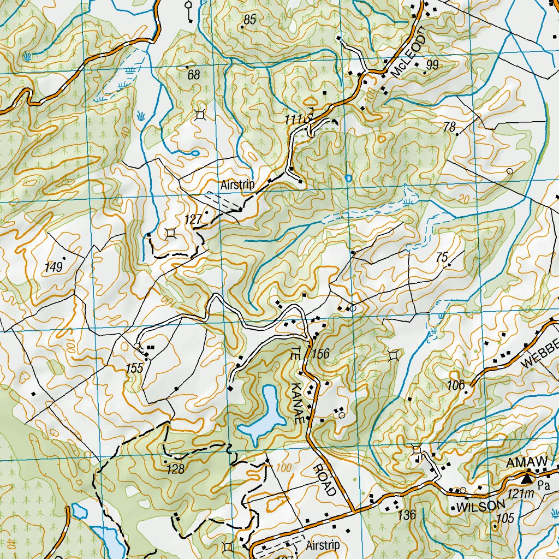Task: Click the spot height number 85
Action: click(x=249, y=20)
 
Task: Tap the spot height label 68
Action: click(x=193, y=75)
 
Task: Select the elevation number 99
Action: click(x=432, y=66)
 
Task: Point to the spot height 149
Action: click(x=54, y=267)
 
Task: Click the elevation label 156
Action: click(x=321, y=354)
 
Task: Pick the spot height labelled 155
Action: click(x=134, y=368)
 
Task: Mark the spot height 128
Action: click(x=176, y=468)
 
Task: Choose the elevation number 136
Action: click(x=407, y=514)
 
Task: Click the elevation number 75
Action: click(x=442, y=258)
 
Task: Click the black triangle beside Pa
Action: click(x=526, y=479)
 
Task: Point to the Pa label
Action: click(x=543, y=485)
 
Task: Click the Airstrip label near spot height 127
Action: click(x=237, y=185)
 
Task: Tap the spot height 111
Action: click(x=293, y=119)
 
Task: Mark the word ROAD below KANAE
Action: click(x=325, y=479)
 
